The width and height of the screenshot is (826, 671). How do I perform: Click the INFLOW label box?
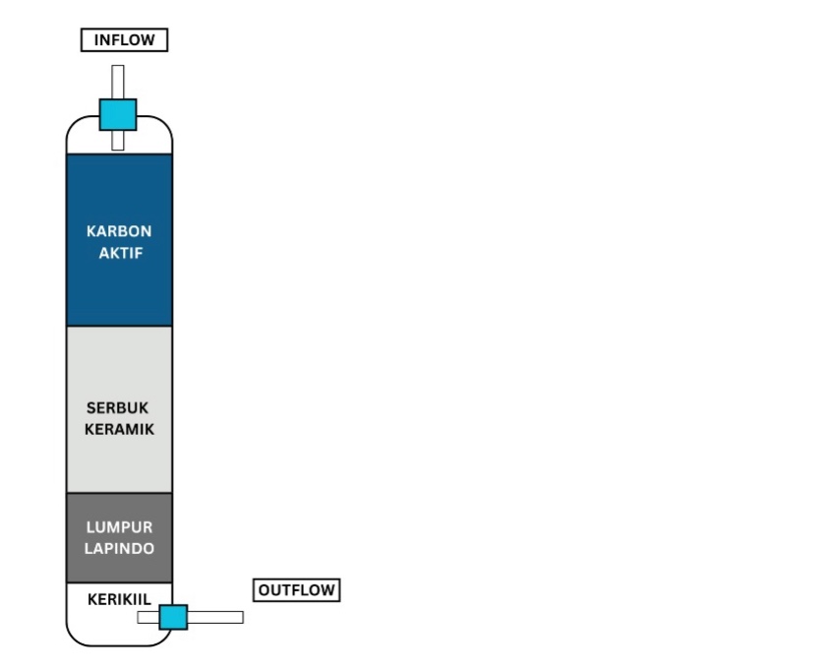pyautogui.click(x=124, y=40)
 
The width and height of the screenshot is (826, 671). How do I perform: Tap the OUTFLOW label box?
pyautogui.click(x=297, y=590)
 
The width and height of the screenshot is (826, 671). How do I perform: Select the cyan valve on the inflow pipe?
pyautogui.click(x=118, y=114)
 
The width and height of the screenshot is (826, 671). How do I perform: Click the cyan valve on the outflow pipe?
pyautogui.click(x=173, y=617)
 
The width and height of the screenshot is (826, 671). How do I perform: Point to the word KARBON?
pyautogui.click(x=119, y=231)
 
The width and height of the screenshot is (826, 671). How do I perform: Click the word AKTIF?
pyautogui.click(x=119, y=252)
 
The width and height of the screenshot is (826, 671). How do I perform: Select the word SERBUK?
pyautogui.click(x=119, y=407)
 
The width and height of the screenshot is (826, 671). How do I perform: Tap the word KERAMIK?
pyautogui.click(x=119, y=429)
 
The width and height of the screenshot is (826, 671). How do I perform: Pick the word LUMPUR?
pyautogui.click(x=119, y=527)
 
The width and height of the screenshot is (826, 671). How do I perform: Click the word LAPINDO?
pyautogui.click(x=119, y=549)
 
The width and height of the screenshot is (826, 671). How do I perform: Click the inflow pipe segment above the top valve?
pyautogui.click(x=118, y=81)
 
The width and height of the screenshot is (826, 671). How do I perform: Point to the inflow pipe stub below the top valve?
pyautogui.click(x=118, y=140)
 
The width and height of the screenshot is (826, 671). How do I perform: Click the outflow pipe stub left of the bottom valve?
pyautogui.click(x=147, y=617)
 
